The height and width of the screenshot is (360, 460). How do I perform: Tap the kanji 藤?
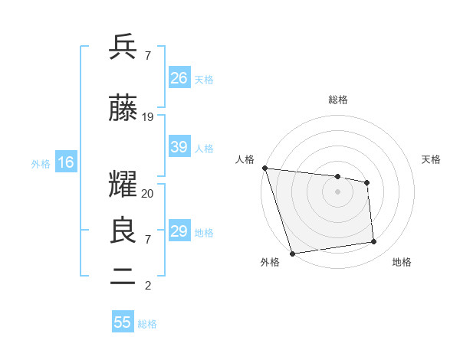click(124, 109)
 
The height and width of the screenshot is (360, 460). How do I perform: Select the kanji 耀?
click(124, 185)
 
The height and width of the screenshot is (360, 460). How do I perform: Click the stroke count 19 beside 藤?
click(148, 117)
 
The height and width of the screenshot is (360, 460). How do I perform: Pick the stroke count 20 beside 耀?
click(148, 194)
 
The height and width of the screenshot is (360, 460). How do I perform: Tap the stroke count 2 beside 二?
click(147, 286)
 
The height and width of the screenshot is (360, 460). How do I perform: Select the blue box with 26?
click(179, 78)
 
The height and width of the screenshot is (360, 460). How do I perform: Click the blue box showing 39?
click(179, 147)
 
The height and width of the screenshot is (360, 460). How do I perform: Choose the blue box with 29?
click(179, 231)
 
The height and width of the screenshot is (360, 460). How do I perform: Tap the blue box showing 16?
click(66, 162)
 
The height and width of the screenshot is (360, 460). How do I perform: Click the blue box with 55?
click(123, 322)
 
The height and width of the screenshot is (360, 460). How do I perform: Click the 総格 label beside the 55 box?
click(147, 324)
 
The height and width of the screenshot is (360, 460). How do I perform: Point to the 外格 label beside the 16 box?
click(41, 163)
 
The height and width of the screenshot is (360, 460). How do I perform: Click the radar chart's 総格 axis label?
click(338, 100)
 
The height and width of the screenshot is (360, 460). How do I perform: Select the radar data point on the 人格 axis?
click(264, 168)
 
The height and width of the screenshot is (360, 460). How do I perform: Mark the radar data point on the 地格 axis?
click(374, 242)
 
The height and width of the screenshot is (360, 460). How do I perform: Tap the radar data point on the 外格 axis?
click(292, 253)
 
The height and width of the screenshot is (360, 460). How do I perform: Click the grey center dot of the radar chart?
click(337, 191)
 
